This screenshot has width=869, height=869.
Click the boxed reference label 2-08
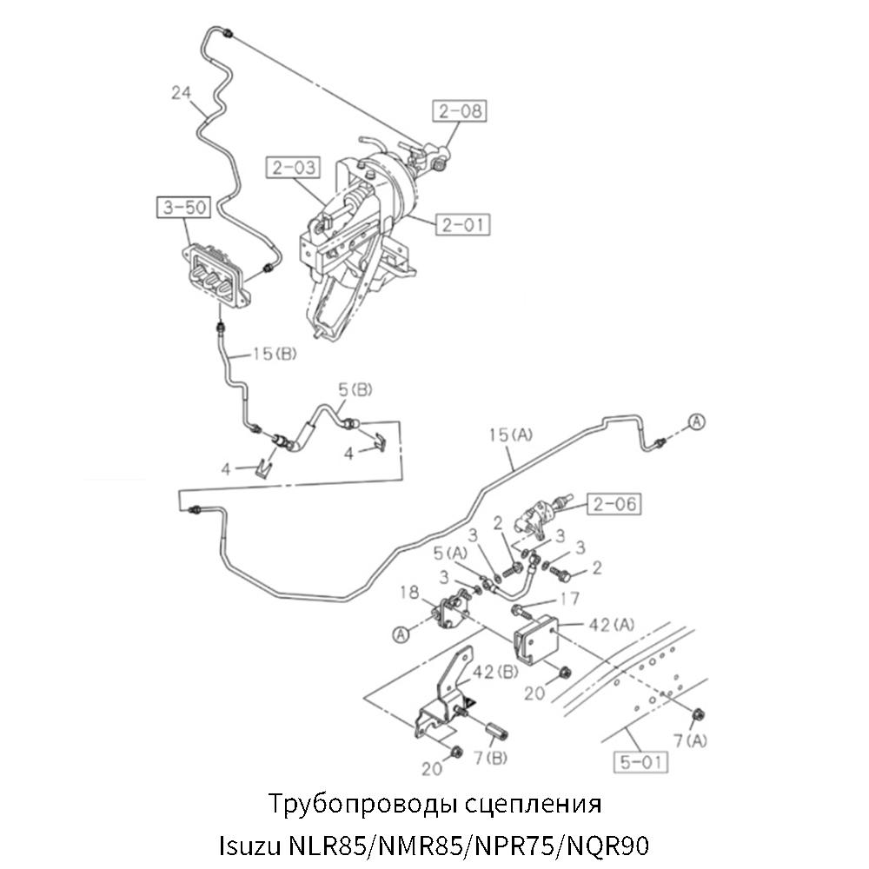click(458, 111)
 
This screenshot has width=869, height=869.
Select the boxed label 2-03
click(293, 167)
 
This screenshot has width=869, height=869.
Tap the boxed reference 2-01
click(461, 224)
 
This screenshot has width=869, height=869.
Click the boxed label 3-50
click(182, 207)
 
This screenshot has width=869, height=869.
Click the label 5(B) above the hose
click(355, 390)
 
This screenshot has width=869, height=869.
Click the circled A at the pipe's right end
click(698, 421)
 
